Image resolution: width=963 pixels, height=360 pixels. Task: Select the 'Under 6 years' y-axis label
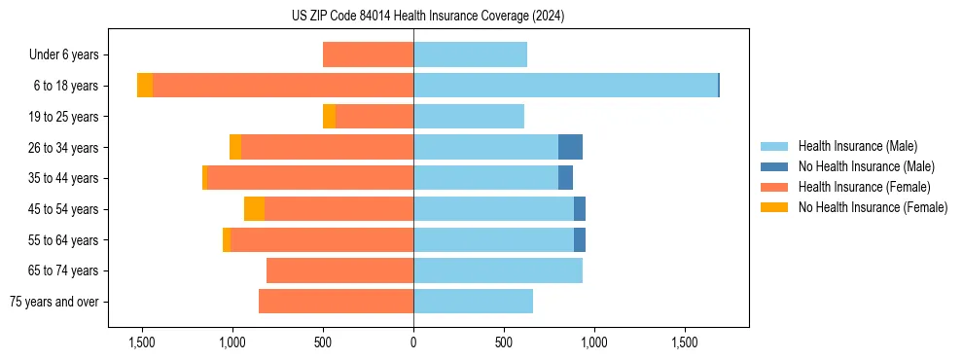69,55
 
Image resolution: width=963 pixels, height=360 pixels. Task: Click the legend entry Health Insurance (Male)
857,146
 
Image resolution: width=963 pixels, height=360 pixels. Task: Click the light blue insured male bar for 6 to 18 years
565,86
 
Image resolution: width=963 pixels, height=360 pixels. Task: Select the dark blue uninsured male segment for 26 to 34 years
570,147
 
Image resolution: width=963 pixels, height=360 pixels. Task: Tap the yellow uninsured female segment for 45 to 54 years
254,209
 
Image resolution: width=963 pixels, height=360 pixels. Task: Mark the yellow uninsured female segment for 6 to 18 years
145,86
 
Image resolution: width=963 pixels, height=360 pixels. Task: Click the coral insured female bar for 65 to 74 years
339,270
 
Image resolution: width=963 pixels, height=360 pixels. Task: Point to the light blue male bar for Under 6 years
470,55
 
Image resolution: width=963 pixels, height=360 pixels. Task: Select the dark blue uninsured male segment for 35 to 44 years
565,178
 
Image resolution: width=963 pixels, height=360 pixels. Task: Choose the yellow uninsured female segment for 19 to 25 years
329,117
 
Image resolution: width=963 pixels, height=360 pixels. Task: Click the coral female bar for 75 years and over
336,302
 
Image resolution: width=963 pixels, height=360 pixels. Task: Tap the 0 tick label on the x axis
413,342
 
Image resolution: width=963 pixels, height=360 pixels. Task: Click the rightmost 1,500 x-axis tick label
685,342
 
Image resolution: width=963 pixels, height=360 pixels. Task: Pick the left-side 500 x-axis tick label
323,342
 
